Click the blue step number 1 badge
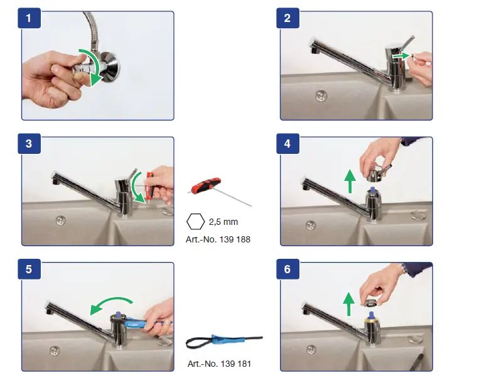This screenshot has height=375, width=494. [29, 18]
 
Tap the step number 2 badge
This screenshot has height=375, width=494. [287, 18]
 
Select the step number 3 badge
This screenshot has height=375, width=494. [29, 143]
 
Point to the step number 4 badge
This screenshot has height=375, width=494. [287, 143]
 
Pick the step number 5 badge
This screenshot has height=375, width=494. [29, 269]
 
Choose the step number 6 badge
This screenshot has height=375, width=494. [287, 269]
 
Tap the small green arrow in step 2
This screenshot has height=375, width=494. [401, 56]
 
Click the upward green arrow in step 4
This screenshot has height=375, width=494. [350, 181]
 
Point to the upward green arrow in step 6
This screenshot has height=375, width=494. [348, 304]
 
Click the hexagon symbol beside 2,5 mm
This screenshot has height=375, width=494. [195, 221]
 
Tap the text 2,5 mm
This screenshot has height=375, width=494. [223, 222]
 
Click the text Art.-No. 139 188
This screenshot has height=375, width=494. [218, 239]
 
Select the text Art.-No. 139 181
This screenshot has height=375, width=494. [219, 364]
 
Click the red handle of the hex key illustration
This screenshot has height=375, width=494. [206, 185]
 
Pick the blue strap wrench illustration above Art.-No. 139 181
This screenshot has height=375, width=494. [224, 341]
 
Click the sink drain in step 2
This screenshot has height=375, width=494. [321, 95]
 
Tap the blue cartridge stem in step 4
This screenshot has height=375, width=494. [373, 190]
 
